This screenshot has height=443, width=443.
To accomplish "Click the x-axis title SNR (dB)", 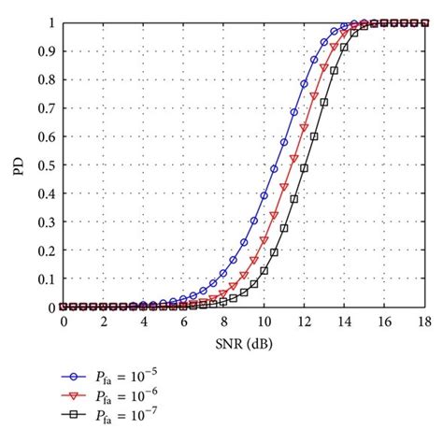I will coord(242,343).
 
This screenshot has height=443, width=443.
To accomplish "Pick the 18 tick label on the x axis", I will coord(422,322).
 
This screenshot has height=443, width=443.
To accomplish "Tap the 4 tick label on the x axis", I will coord(143,322).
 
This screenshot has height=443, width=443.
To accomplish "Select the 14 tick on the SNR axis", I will coord(342,322).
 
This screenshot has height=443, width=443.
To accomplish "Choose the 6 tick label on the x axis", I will coord(183,322).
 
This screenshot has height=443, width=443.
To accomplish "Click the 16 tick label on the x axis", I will coord(382,322).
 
